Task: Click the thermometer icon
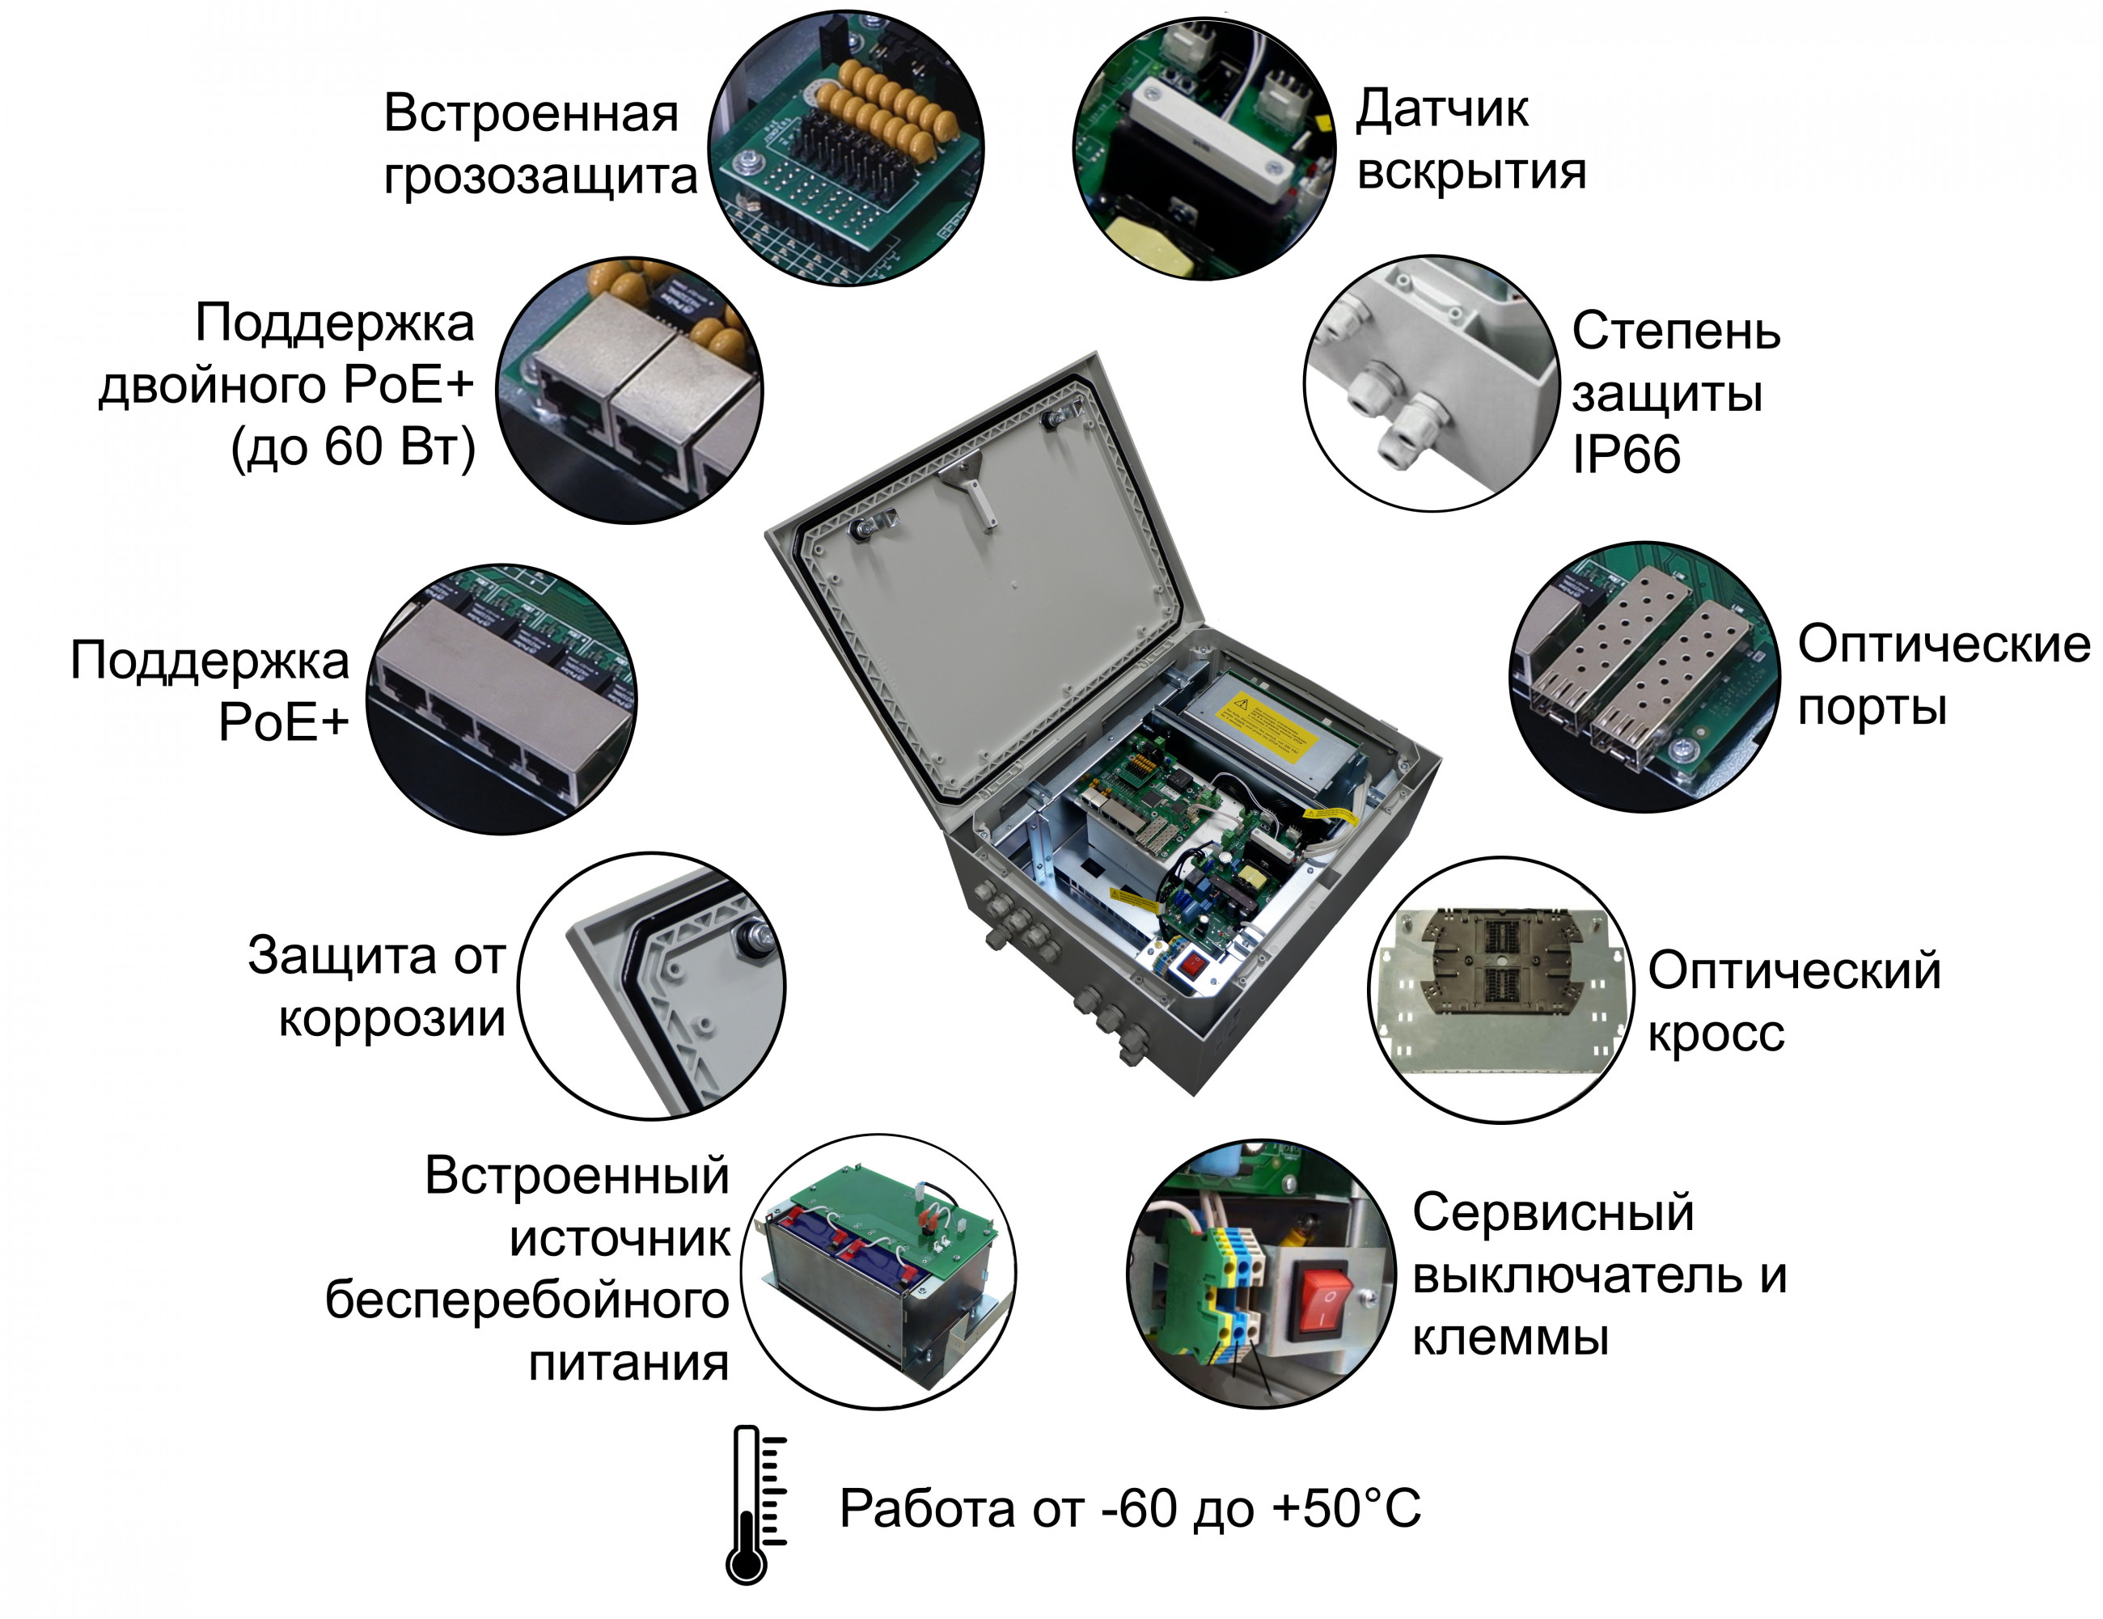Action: point(758,1504)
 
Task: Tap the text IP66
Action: point(1626,454)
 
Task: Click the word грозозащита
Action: point(540,177)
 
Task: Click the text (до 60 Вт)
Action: point(353,447)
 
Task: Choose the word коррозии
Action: point(392,1018)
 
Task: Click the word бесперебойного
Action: point(527,1300)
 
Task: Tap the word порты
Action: point(1872,708)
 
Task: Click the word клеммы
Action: point(1510,1338)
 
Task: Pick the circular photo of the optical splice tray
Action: point(1501,990)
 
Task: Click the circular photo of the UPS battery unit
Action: point(878,1270)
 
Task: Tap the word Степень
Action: point(1675,332)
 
